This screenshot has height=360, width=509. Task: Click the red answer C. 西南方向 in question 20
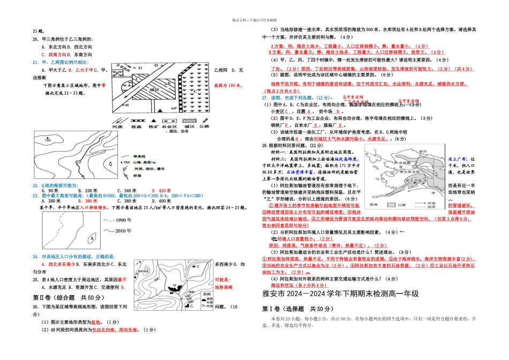54,55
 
